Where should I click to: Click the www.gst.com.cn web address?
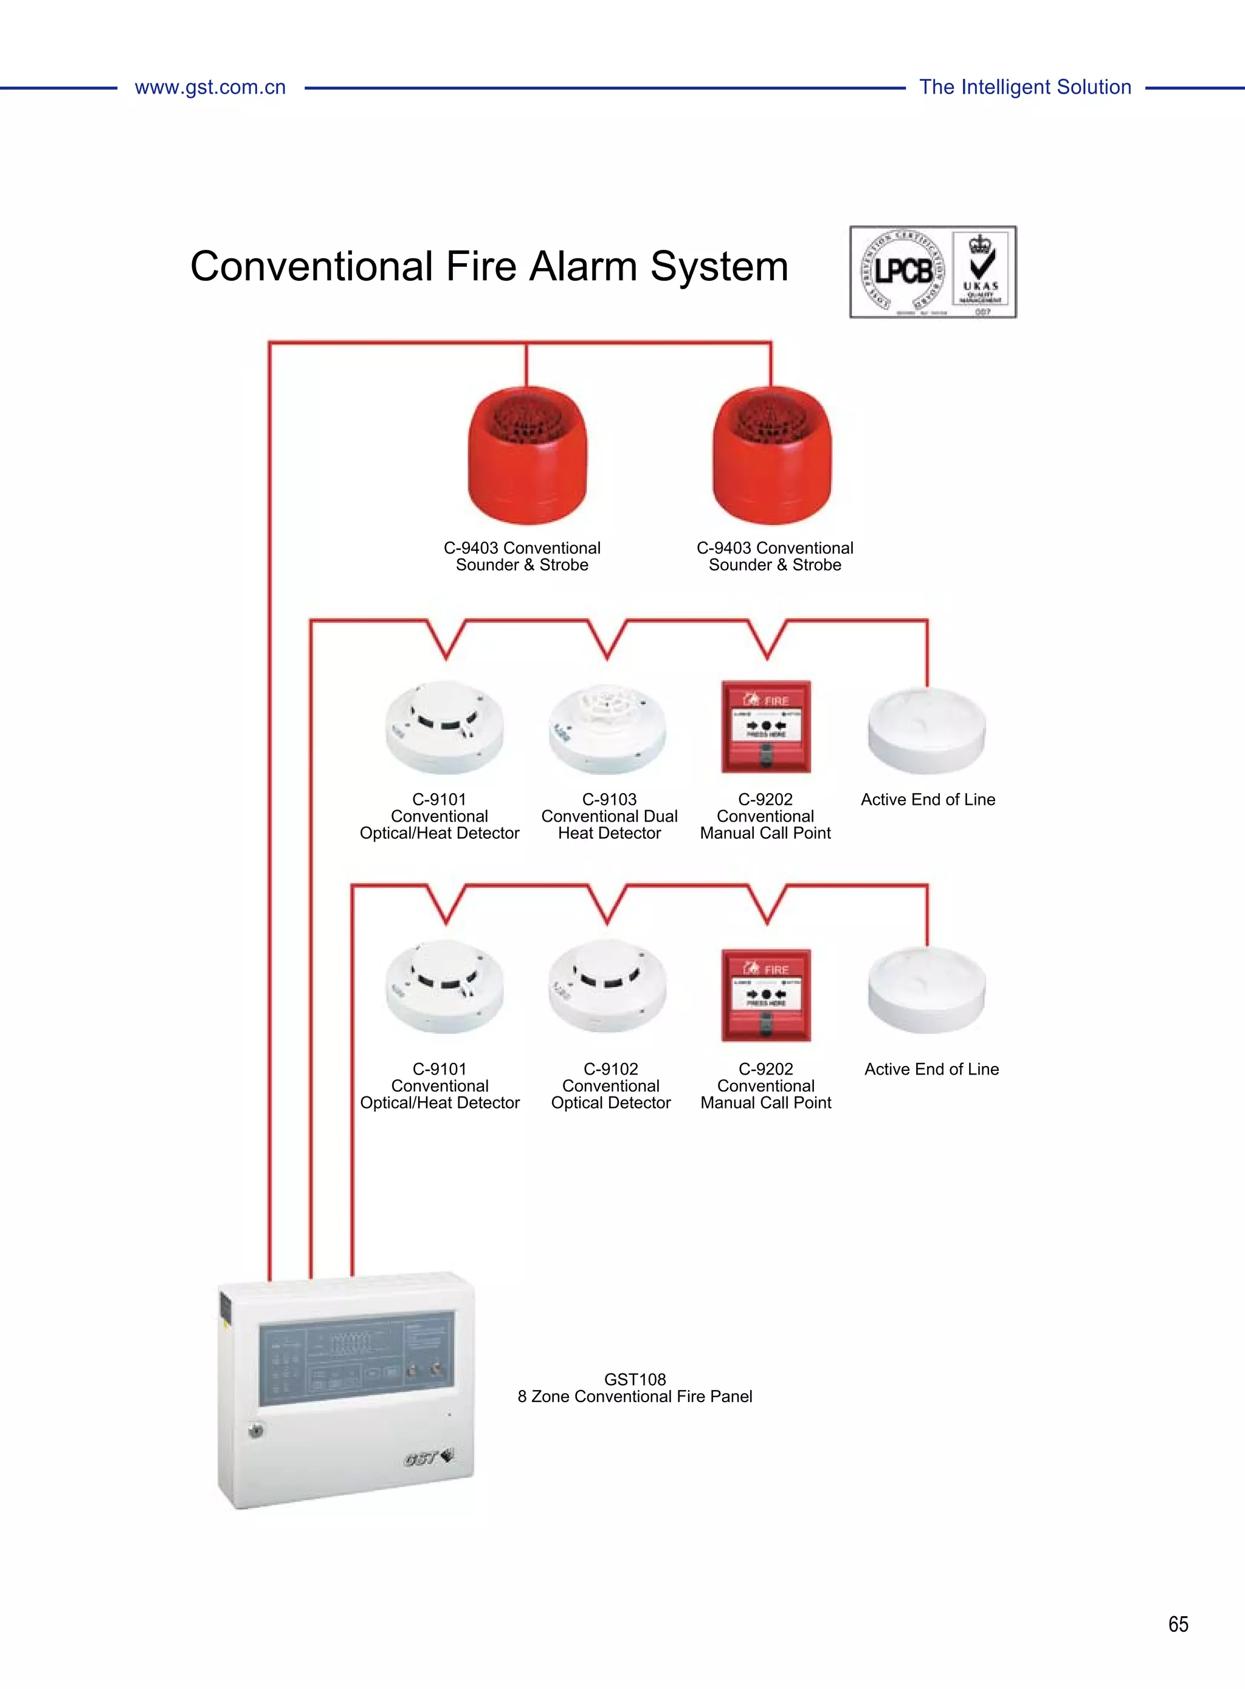[x=210, y=88]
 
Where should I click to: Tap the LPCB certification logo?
[x=902, y=272]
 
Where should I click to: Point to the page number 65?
[x=1178, y=1623]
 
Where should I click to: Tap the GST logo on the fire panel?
[x=428, y=1457]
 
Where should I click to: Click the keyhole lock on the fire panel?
[x=257, y=1429]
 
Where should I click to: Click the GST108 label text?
[x=635, y=1378]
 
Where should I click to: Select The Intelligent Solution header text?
[x=1025, y=88]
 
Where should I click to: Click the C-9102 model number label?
[x=610, y=1068]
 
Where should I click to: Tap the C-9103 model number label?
[x=609, y=799]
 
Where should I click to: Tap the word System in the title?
[x=719, y=267]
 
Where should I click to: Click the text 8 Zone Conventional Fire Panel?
[x=635, y=1396]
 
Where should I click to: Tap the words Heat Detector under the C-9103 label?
[x=609, y=833]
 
